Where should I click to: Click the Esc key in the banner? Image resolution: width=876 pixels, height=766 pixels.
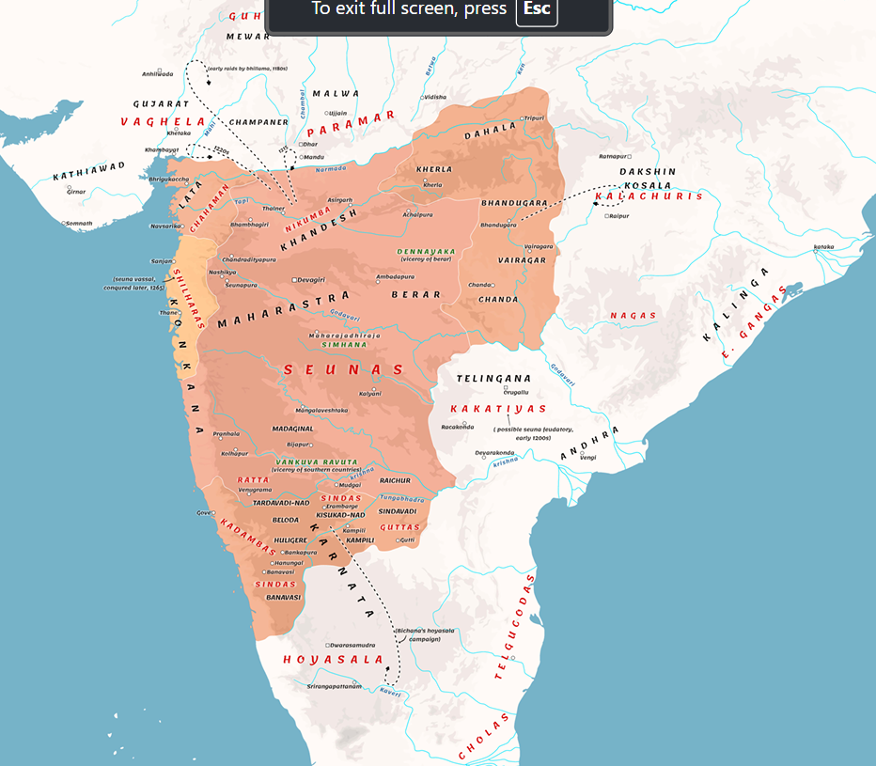point(537,9)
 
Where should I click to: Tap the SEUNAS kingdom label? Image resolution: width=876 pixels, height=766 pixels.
point(343,370)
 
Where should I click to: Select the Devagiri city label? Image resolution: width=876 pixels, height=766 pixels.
point(311,279)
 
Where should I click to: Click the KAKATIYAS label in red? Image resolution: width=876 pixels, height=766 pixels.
point(498,409)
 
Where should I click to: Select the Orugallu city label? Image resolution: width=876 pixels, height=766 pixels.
point(517,392)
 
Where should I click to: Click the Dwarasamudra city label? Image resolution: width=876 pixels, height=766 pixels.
point(352,645)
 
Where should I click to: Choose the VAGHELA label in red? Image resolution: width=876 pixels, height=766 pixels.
point(163,122)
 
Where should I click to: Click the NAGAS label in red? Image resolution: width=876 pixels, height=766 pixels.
point(634,316)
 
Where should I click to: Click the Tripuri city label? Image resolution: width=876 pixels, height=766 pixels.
point(534,118)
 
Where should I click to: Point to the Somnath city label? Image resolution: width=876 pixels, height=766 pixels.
point(79,223)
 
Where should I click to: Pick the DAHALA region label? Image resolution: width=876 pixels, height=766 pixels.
point(490,131)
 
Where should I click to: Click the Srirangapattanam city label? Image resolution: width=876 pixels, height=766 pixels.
point(335,686)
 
